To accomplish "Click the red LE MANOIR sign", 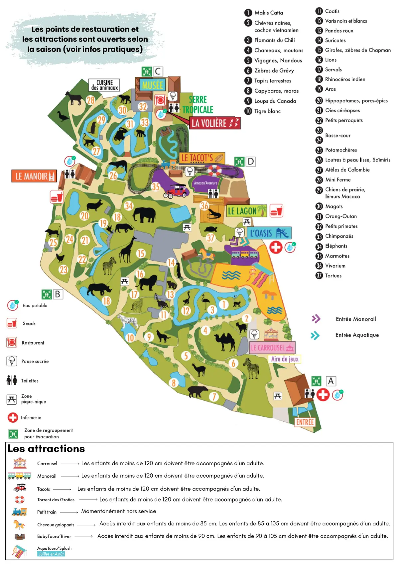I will click(x=34, y=176).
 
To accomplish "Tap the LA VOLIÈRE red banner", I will click(x=215, y=123).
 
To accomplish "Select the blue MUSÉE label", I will click(x=152, y=85).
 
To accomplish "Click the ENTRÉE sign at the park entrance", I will click(x=305, y=422).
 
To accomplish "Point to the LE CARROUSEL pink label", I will click(x=272, y=348).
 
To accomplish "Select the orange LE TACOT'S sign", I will click(x=201, y=158).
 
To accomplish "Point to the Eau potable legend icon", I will click(x=13, y=305).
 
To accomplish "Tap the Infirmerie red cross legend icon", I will click(x=13, y=417).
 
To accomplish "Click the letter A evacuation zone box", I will click(x=331, y=381).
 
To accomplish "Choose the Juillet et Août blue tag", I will click(x=51, y=554).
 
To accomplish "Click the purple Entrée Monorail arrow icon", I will click(x=316, y=319).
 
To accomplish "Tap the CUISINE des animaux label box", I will click(x=104, y=85).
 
